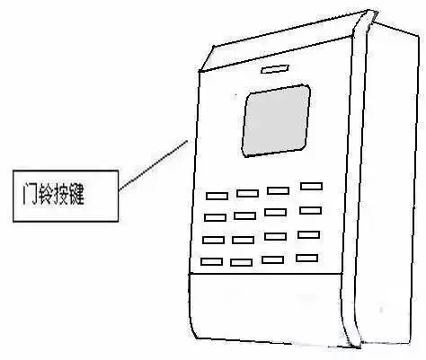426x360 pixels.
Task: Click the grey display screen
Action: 276,120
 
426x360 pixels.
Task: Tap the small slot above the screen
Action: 275,69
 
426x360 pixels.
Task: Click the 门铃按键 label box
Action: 66,196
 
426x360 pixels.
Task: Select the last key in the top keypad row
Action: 312,186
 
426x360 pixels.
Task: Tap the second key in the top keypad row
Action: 247,193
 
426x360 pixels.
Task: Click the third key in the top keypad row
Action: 278,190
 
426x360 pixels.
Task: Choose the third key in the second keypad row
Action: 275,212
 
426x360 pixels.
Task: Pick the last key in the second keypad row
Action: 311,210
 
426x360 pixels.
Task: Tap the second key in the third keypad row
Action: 243,240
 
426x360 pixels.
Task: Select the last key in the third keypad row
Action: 309,234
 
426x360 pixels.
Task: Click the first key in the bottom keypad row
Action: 211,261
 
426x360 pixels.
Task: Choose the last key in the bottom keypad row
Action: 306,258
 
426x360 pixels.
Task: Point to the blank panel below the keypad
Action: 267,307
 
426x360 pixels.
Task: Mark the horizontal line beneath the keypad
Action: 265,274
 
